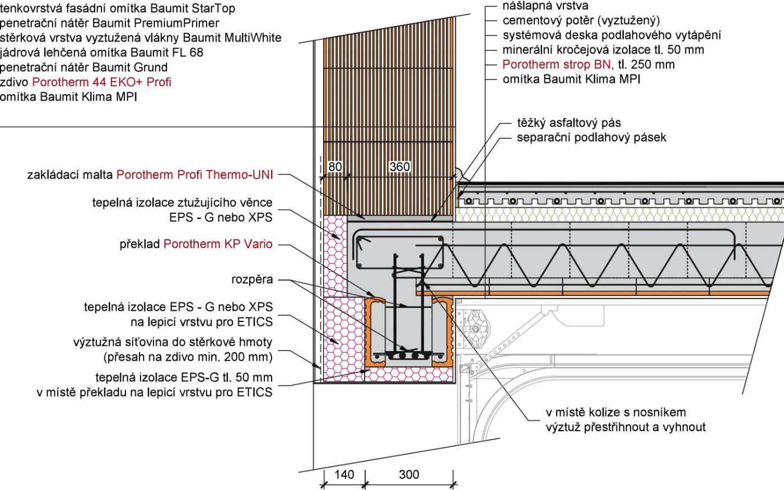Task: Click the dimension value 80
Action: [x=335, y=166]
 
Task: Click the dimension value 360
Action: [x=399, y=166]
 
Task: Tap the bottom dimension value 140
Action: [x=344, y=474]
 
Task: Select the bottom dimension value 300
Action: [x=409, y=474]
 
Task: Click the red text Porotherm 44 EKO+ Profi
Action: [x=101, y=82]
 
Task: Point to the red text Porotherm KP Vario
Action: [x=218, y=244]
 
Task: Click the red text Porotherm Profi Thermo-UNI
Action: [x=195, y=175]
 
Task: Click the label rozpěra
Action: [x=252, y=279]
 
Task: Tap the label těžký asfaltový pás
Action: [x=568, y=123]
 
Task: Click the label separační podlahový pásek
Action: [x=591, y=137]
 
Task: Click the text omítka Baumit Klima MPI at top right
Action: [x=571, y=79]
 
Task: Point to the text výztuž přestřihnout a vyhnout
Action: [x=626, y=427]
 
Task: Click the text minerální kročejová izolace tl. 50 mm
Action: [x=603, y=50]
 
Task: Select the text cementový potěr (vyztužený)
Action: [x=581, y=21]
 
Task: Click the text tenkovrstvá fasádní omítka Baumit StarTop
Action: [x=118, y=8]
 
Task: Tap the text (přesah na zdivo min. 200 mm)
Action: [x=188, y=357]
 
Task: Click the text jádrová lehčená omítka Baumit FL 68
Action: [x=101, y=53]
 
